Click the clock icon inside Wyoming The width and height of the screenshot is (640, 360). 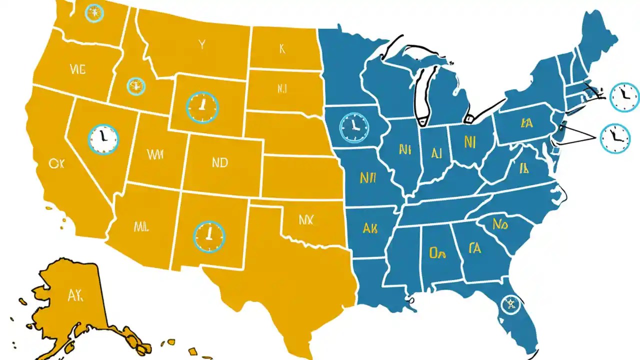click(x=202, y=107)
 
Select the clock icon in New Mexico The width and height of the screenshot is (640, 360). click(x=209, y=236)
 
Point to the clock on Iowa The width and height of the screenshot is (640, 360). click(x=354, y=127)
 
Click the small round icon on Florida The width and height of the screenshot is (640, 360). click(x=510, y=303)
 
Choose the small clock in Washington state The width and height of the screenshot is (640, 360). click(x=93, y=13)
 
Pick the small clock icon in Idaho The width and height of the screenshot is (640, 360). click(x=135, y=86)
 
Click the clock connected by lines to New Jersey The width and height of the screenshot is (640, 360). click(x=615, y=138)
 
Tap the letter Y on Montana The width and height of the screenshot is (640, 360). click(x=201, y=45)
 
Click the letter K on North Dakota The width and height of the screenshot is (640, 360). click(x=282, y=48)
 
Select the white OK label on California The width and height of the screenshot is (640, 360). click(x=54, y=163)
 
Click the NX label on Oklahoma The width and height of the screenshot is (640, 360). click(x=305, y=219)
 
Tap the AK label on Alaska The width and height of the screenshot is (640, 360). click(x=75, y=295)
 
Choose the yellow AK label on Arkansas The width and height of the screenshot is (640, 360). click(x=370, y=229)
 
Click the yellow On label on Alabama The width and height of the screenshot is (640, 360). click(x=437, y=253)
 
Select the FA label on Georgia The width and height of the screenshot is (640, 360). click(x=475, y=247)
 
